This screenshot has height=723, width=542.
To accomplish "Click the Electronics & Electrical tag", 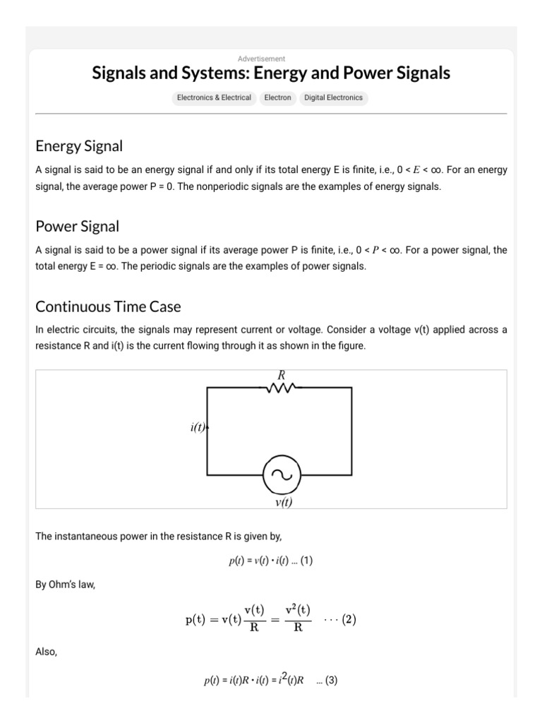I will (x=214, y=97).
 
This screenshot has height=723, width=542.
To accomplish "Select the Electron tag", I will (x=277, y=97).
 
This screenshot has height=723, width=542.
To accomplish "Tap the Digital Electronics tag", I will (x=333, y=97).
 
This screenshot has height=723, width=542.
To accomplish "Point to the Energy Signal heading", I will (x=79, y=146).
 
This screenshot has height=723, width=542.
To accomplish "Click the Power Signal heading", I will (x=77, y=227).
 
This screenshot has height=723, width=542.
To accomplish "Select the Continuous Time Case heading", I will (x=108, y=307).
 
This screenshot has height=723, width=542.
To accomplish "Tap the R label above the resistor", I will (x=281, y=376).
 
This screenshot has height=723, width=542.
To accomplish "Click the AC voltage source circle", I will (x=282, y=474).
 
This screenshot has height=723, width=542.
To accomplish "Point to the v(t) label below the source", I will (x=283, y=502).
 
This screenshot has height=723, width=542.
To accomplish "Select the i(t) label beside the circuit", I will (x=198, y=428).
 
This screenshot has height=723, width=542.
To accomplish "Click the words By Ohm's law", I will (x=65, y=585).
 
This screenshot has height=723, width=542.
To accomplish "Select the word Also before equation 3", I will (x=45, y=652).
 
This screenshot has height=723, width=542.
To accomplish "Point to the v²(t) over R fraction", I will (x=298, y=619).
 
